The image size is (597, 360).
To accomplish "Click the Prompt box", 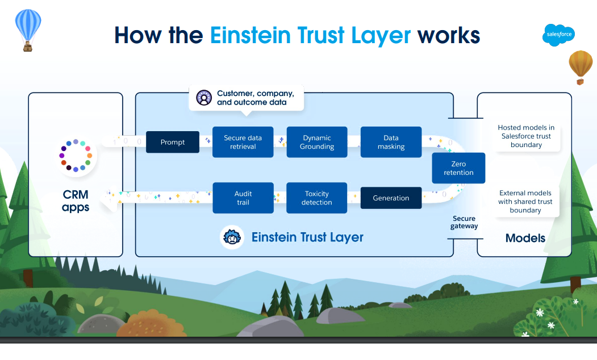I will coord(173,142).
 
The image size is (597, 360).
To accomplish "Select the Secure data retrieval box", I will coord(243,142).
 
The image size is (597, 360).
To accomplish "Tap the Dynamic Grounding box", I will coord(317,142).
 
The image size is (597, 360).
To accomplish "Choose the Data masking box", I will coord(391,142).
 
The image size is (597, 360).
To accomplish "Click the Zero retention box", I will coord(458,168).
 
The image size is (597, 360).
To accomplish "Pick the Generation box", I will coord(391,198).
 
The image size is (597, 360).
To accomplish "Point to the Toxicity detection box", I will coord(317,198).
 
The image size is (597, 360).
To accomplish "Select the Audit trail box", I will coord(243,198).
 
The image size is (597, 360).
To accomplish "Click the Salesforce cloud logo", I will coord(558,35).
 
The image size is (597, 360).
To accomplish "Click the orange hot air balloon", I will coord(581,64).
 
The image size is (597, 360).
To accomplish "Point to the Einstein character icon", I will coord(232,237).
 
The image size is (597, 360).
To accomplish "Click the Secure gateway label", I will coord(464,222).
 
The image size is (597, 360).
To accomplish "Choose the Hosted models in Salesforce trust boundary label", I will coord(525,136).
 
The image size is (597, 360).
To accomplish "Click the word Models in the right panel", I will coord(525,238).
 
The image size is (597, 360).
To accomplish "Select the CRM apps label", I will coord(76,202).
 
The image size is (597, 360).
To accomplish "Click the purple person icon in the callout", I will coord(204,98).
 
